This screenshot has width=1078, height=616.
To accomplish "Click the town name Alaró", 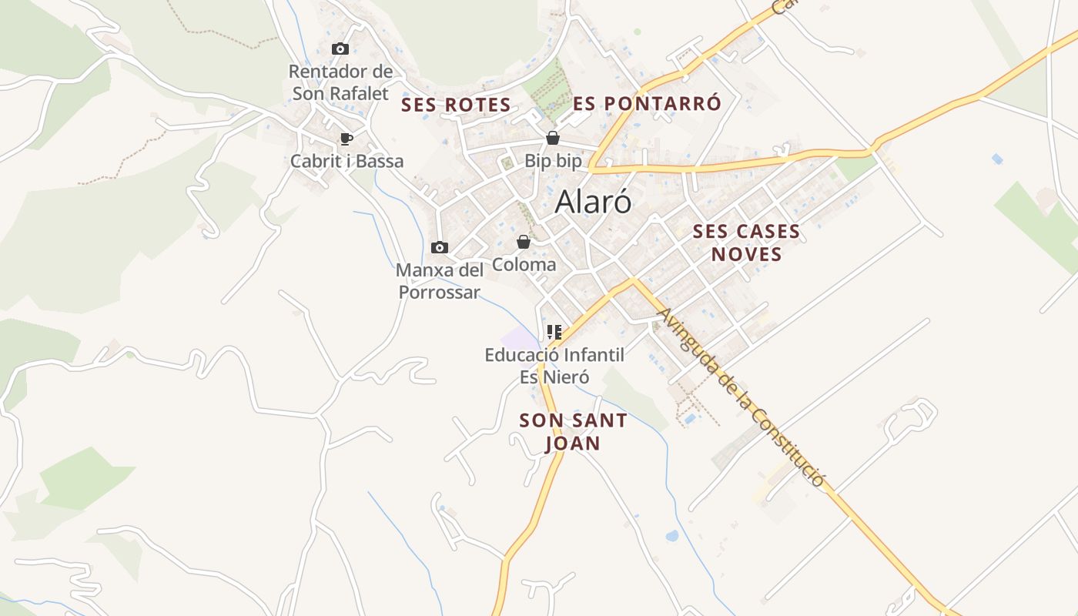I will (593, 202).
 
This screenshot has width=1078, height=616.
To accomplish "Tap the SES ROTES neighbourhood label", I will (456, 105).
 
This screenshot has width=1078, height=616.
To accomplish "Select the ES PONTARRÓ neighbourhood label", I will (648, 103).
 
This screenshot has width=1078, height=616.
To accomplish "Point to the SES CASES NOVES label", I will (746, 243).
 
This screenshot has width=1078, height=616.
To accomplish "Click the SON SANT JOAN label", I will (573, 432).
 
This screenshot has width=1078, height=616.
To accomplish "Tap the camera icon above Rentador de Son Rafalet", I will (340, 49).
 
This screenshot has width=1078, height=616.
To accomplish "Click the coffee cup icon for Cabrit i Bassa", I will (346, 139).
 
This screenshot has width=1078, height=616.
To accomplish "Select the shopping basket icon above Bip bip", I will (553, 139).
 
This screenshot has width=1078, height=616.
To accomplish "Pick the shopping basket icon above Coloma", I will (524, 242).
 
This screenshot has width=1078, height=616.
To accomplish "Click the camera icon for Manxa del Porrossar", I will (440, 247).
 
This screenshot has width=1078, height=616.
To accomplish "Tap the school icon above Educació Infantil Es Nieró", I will (554, 333).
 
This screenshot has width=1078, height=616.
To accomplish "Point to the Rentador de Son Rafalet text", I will (340, 82).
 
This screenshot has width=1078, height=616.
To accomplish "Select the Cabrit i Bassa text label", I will (346, 162).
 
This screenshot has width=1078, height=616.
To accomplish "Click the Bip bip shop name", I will (553, 161).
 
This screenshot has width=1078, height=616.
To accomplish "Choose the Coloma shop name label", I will (524, 265).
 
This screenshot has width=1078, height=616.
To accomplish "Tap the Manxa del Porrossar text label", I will (440, 281).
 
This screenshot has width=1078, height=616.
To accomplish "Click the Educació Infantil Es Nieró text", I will (554, 366).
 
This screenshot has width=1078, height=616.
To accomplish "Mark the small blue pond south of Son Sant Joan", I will (671, 535).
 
